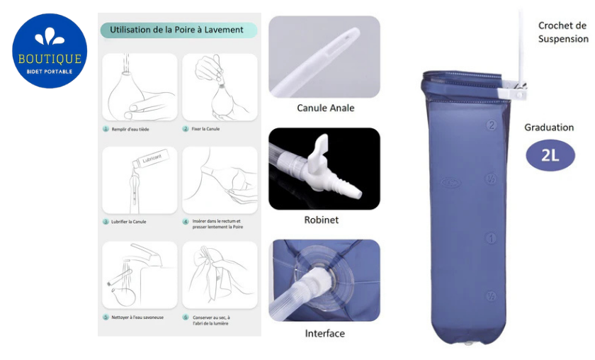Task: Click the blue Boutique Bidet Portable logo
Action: [x=49, y=50]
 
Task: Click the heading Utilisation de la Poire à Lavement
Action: [x=176, y=30]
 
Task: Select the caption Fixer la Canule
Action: [x=207, y=130]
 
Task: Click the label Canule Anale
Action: [x=325, y=108]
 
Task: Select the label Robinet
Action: [x=322, y=220]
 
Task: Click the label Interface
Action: [x=324, y=333]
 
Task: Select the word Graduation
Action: [x=549, y=128]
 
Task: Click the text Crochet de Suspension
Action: [x=562, y=32]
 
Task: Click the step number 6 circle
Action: [x=186, y=317]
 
